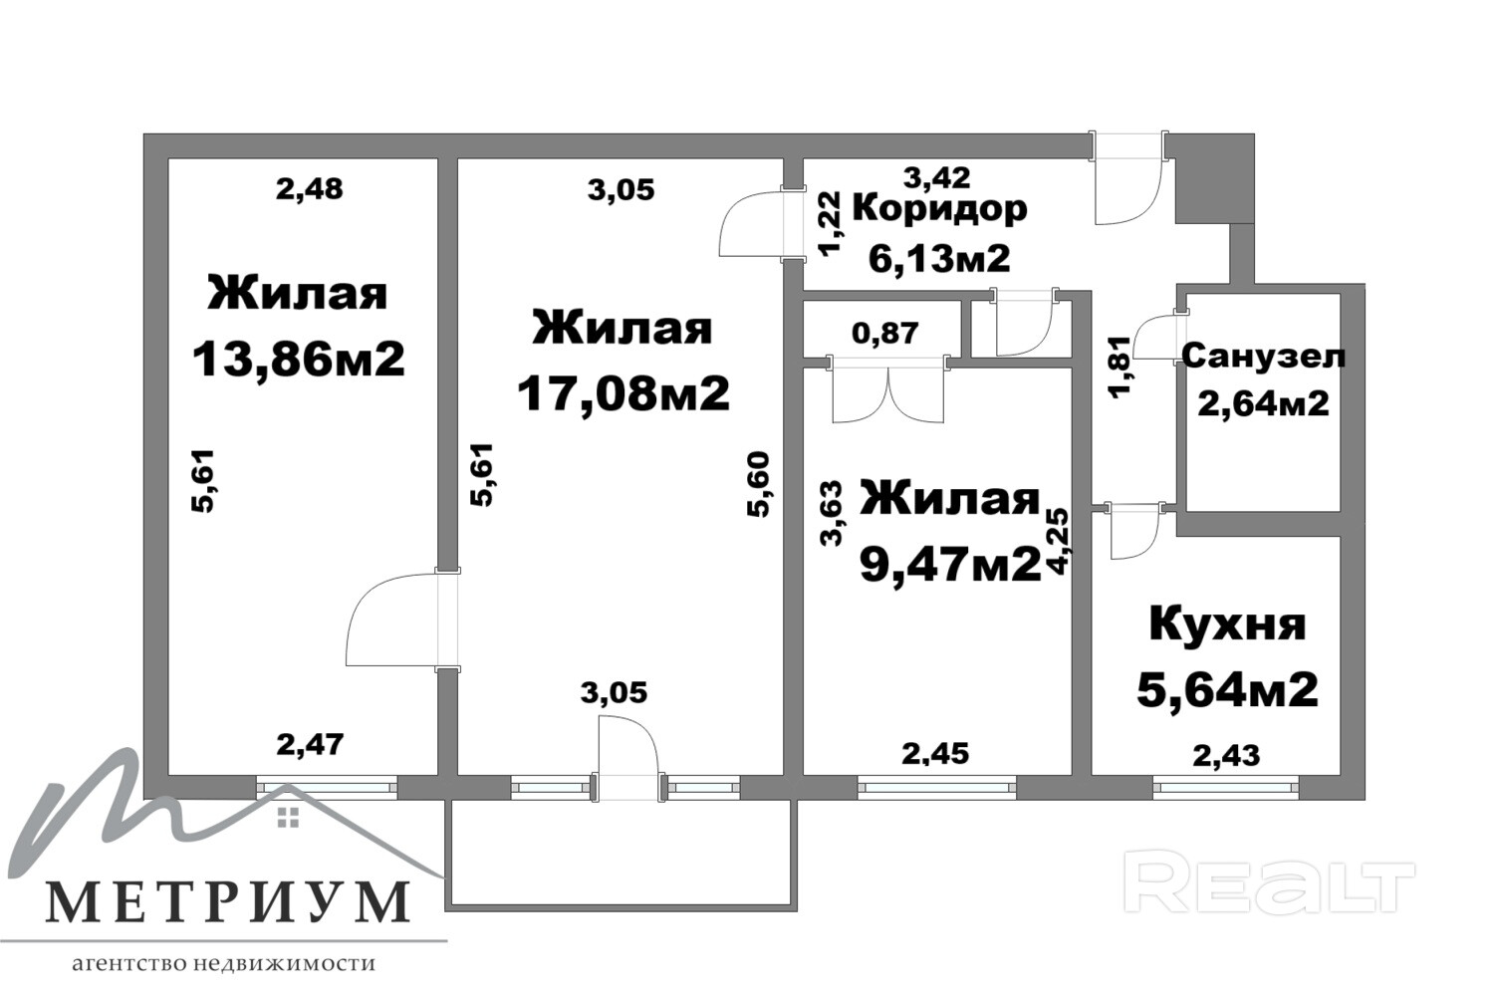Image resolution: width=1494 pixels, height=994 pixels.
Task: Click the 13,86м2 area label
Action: (x=298, y=360)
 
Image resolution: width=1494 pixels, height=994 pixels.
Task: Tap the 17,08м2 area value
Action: (x=622, y=393)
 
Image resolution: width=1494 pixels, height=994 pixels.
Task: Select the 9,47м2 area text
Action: (x=950, y=565)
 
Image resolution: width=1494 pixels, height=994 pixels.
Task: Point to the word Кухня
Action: (x=1227, y=625)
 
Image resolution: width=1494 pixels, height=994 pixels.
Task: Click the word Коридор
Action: (x=940, y=209)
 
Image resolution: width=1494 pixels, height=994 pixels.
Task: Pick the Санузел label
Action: (x=1263, y=357)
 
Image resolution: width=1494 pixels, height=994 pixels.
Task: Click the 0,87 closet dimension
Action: (x=885, y=333)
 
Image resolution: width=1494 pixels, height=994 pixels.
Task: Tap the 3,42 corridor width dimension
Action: (x=937, y=177)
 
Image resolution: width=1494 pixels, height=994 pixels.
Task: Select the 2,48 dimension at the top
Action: (x=310, y=189)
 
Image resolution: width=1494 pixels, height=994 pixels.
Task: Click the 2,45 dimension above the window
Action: (x=935, y=755)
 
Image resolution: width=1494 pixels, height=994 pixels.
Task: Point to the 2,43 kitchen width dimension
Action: (x=1226, y=756)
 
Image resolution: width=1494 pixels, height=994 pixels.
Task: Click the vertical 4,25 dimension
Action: (x=1058, y=542)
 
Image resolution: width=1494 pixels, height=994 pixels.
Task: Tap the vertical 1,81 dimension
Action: (x=1121, y=367)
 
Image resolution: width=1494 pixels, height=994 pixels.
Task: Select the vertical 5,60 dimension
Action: (x=759, y=484)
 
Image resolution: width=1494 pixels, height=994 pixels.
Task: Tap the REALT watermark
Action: (x=1269, y=886)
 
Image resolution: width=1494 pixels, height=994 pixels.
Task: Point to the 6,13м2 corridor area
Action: (x=939, y=258)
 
